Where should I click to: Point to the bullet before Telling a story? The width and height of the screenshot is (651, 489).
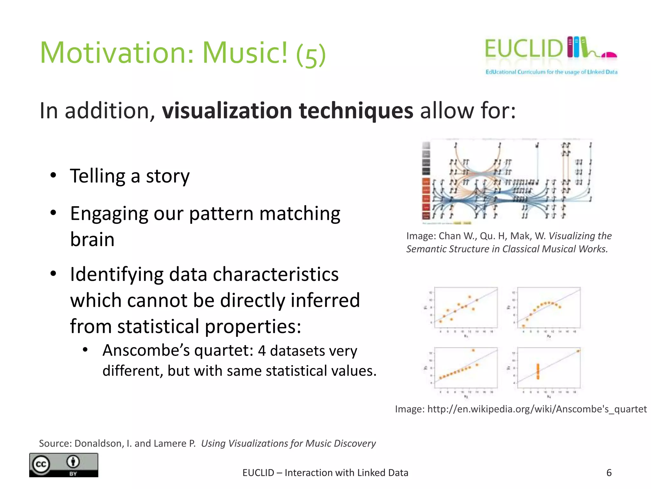click(53, 175)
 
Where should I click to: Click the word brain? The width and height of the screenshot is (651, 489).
click(92, 239)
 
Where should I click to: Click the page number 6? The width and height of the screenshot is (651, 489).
click(609, 472)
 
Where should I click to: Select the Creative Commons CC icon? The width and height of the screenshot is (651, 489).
click(41, 464)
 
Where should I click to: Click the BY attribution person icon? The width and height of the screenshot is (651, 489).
click(73, 462)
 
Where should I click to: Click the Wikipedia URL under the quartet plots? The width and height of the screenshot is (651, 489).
click(537, 409)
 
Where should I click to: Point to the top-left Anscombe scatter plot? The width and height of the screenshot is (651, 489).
click(466, 308)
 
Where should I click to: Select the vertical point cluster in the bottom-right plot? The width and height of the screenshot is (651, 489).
click(538, 371)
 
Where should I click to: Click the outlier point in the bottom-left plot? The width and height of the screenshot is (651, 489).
click(473, 350)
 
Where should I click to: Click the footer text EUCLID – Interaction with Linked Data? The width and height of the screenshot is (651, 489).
click(325, 472)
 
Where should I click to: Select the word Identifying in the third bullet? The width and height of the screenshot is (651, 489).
click(117, 274)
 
